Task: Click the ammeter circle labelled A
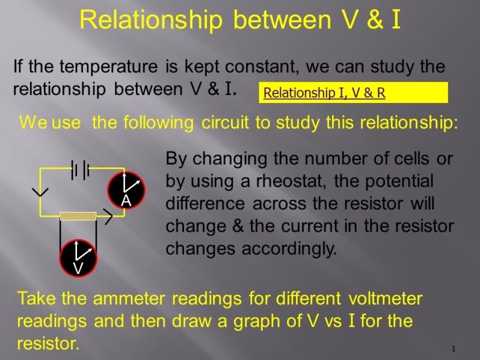(126, 190)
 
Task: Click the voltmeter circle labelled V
(78, 258)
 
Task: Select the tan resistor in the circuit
(78, 216)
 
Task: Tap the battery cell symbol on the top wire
(80, 170)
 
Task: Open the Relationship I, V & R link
(324, 93)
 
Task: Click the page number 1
(454, 349)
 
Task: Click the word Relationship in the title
(151, 20)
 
